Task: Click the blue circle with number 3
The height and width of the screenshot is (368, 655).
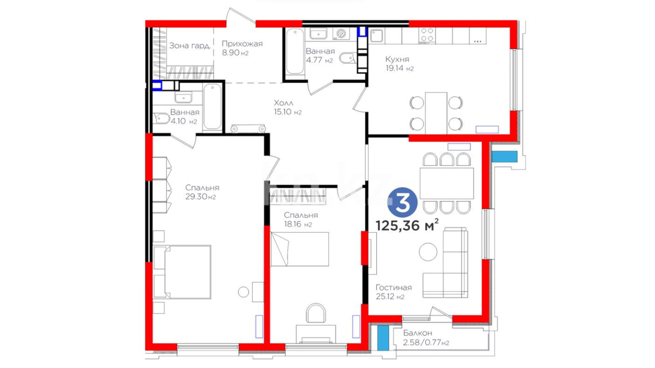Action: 403,202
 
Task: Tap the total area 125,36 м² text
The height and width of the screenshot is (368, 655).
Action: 407,225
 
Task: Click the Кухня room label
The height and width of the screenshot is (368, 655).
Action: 397,59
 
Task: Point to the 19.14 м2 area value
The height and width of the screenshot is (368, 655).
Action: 399,68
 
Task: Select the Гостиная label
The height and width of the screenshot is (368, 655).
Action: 394,287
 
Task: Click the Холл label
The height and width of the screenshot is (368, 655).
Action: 283,103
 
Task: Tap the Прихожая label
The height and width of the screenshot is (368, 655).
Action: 242,44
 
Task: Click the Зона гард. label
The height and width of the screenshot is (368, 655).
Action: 190,45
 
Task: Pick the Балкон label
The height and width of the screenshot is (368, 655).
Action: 418,333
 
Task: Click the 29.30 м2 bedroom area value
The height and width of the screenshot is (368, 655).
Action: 201,197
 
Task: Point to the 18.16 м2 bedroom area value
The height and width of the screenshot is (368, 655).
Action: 298,224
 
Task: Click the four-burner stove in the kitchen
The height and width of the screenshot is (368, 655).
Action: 427,35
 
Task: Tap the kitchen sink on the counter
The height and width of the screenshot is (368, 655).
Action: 376,35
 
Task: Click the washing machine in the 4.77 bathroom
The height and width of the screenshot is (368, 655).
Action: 341,34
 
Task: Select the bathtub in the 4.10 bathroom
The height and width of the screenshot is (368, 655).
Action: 213,107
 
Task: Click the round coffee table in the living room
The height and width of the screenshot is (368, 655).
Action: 428,252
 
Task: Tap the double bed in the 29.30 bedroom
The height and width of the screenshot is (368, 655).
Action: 182,272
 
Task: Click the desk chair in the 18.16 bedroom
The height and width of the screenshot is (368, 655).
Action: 316,313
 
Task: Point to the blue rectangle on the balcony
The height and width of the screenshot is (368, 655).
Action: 383,338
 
